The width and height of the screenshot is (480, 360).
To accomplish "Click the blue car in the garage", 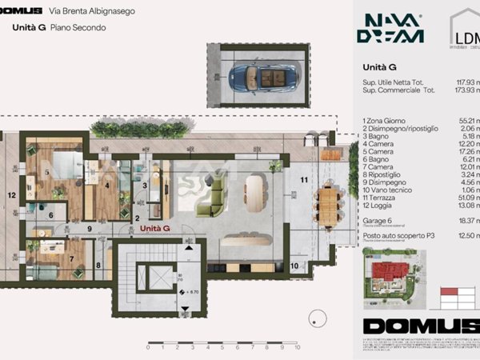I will coord(261,78).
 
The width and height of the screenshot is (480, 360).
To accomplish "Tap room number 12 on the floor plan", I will coord(12,194).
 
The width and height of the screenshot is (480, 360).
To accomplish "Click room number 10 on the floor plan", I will coord(294,266).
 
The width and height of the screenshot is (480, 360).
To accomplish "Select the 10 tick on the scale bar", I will coord(297,348).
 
